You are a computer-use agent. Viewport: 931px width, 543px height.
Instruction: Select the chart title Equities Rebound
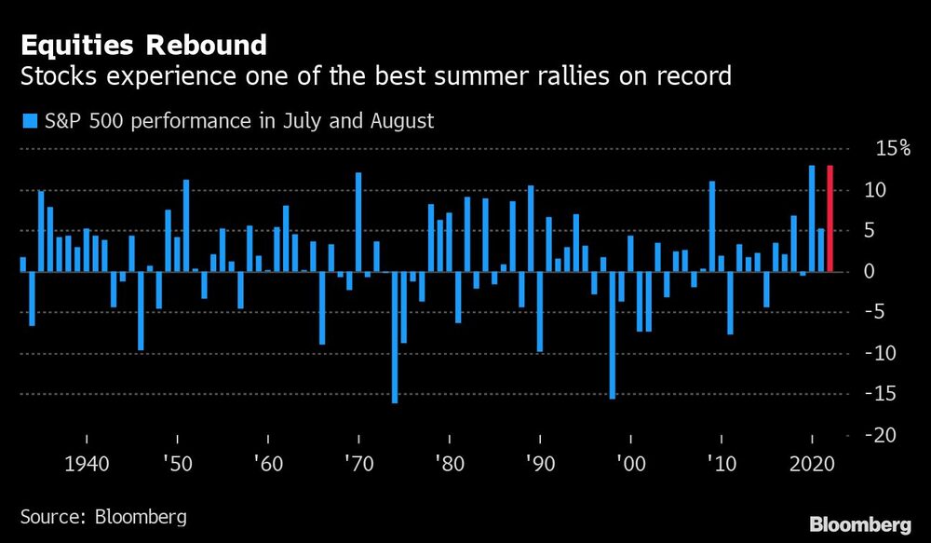coord(143,45)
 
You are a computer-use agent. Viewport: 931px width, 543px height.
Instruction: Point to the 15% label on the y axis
coord(892,149)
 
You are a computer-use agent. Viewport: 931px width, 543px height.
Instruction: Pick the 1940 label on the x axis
coord(87,464)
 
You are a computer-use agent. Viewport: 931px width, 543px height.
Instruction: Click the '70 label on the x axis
coord(358,464)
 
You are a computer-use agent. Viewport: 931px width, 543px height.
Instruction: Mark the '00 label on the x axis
coord(630,464)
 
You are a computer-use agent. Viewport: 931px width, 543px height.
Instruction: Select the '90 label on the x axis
coord(540,464)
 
